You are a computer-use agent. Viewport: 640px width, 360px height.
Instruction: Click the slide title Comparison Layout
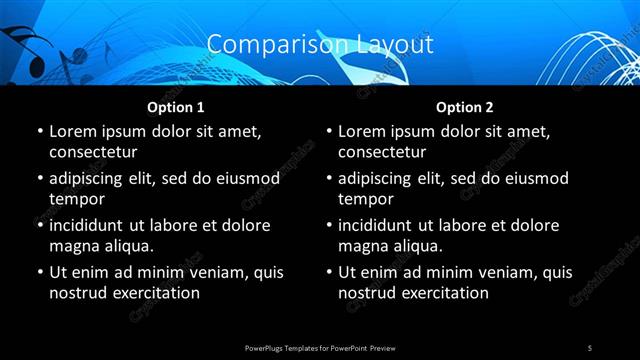click(320, 45)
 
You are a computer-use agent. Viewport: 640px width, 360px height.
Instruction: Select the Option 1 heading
click(176, 107)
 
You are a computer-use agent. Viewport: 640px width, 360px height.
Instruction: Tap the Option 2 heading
click(465, 107)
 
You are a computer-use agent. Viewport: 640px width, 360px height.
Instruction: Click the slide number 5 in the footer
click(590, 347)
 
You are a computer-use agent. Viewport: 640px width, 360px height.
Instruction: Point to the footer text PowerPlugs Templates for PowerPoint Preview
click(320, 347)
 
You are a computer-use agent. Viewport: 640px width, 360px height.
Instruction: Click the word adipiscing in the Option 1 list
click(88, 178)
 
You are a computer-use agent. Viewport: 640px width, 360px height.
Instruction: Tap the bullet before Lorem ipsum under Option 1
click(39, 132)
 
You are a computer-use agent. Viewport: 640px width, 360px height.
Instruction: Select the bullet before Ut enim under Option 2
click(329, 273)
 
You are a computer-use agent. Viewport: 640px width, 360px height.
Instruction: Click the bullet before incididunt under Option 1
click(39, 226)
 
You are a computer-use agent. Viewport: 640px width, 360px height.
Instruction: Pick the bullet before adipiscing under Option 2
click(329, 179)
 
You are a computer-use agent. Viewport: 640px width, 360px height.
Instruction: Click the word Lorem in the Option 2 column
click(362, 131)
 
